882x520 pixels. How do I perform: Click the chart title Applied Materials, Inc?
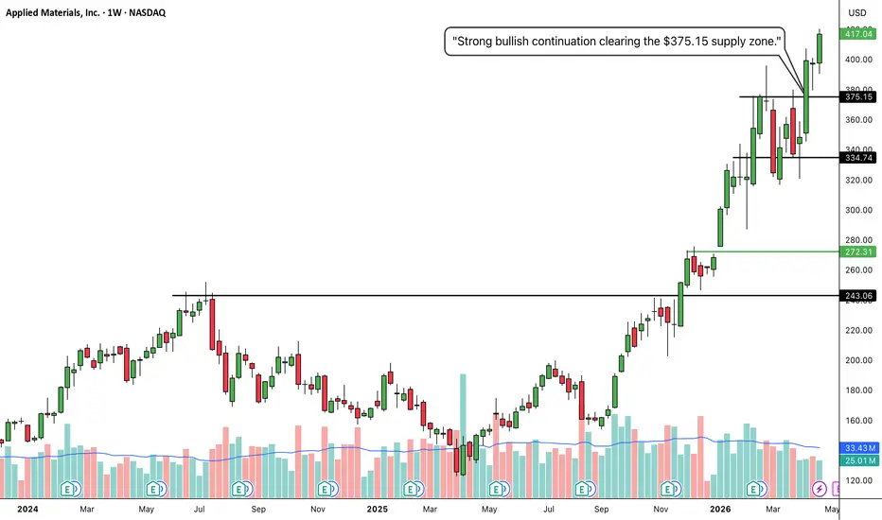tap(53, 12)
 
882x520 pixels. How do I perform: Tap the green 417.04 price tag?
tap(857, 34)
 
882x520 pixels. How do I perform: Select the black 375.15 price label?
tap(857, 96)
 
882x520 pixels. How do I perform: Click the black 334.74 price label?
tap(857, 158)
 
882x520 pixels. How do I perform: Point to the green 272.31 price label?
tap(857, 251)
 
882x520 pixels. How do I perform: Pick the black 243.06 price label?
tap(857, 296)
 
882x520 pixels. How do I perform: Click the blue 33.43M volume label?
tap(859, 448)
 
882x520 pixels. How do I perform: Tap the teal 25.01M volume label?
tap(859, 461)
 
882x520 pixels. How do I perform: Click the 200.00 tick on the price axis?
tap(859, 360)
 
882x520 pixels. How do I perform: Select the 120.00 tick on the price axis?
tap(859, 480)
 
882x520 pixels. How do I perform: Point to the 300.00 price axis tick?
tap(859, 210)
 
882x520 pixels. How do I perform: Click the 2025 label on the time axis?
tap(378, 510)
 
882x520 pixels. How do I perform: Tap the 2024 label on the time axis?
tap(27, 510)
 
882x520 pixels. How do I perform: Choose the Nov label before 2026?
tap(661, 510)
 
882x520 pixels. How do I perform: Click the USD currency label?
tap(857, 13)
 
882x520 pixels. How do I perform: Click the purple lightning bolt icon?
tap(820, 489)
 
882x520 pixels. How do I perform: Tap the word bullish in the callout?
tap(510, 41)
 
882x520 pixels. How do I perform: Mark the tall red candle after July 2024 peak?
tap(212, 324)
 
